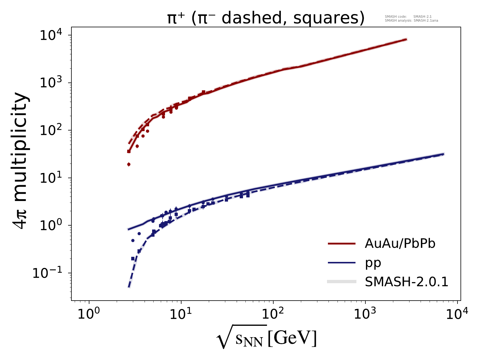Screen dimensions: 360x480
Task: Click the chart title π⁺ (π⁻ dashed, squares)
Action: pyautogui.click(x=266, y=19)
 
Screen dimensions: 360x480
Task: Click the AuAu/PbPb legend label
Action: pyautogui.click(x=400, y=244)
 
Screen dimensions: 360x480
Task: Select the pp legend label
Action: pyautogui.click(x=373, y=263)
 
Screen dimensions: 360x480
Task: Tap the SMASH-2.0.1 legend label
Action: pyautogui.click(x=406, y=282)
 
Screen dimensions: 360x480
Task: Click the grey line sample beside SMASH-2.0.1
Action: pyautogui.click(x=342, y=282)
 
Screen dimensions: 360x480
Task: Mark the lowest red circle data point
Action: pyautogui.click(x=129, y=164)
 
